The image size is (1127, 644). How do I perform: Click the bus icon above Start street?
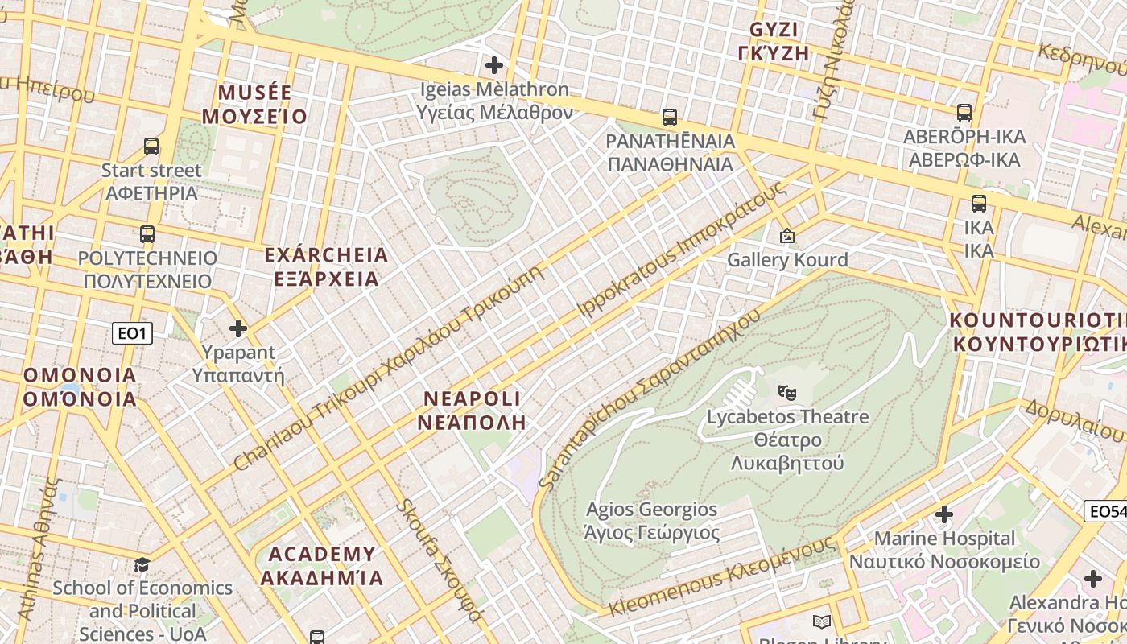(x=151, y=147)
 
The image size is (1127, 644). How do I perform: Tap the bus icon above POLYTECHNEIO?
(x=147, y=234)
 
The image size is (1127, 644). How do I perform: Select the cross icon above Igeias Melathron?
(x=494, y=64)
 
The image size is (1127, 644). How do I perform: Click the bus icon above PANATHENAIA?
(x=670, y=118)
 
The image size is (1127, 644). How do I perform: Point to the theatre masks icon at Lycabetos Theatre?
(x=787, y=393)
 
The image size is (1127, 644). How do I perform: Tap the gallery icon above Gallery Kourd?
(x=787, y=236)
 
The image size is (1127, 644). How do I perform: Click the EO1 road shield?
(x=132, y=332)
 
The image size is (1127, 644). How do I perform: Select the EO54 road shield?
(x=1106, y=510)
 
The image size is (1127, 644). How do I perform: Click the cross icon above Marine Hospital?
(x=944, y=514)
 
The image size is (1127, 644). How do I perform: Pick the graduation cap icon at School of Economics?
(x=142, y=563)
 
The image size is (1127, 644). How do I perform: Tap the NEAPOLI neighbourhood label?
(x=473, y=410)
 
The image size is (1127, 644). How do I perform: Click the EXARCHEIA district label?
(x=326, y=267)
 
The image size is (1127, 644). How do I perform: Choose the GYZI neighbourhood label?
(x=773, y=42)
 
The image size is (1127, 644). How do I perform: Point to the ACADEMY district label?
(x=322, y=566)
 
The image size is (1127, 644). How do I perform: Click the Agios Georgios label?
(x=652, y=521)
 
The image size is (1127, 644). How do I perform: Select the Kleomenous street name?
(x=720, y=576)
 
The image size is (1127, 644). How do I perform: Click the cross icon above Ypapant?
(x=238, y=328)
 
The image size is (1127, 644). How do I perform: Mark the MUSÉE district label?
(x=254, y=104)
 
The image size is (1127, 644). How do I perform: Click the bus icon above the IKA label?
(x=979, y=204)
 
